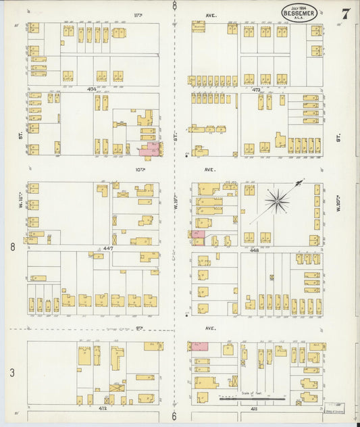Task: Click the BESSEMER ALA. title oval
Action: coord(299,12)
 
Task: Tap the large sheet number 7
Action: coord(345,14)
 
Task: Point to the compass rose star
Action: coord(277,201)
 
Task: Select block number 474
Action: coord(91,89)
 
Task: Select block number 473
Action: coord(256,89)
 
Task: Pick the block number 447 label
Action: coord(107,249)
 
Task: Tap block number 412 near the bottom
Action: coord(102,408)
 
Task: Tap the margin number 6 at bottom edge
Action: coord(174,416)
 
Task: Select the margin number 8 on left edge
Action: coord(12,247)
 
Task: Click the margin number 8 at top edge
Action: coord(174,6)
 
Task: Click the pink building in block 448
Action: coord(197,234)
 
